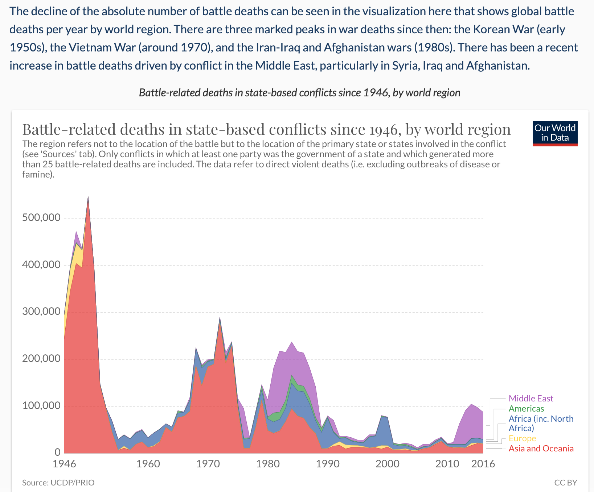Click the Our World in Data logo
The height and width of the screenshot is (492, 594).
[x=555, y=133]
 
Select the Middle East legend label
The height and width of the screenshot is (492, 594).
[x=531, y=399]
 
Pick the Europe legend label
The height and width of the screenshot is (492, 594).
[x=522, y=438]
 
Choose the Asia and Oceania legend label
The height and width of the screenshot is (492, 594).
[x=541, y=449]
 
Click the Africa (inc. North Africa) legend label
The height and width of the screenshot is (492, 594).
[x=541, y=423]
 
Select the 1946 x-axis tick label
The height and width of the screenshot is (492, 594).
[x=65, y=464]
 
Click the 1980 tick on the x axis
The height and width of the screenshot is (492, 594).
[x=268, y=464]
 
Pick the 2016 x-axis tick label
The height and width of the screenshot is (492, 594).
[x=483, y=464]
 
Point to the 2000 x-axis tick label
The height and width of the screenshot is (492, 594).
[x=388, y=464]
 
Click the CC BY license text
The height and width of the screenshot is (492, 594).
[x=565, y=483]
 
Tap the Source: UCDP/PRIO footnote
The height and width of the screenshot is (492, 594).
[x=58, y=483]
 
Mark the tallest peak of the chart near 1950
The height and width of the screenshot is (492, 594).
[x=88, y=197]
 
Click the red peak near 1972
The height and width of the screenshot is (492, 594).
[x=220, y=318]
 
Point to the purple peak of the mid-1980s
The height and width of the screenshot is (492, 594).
[x=292, y=342]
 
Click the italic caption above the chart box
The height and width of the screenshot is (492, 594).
[x=299, y=93]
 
